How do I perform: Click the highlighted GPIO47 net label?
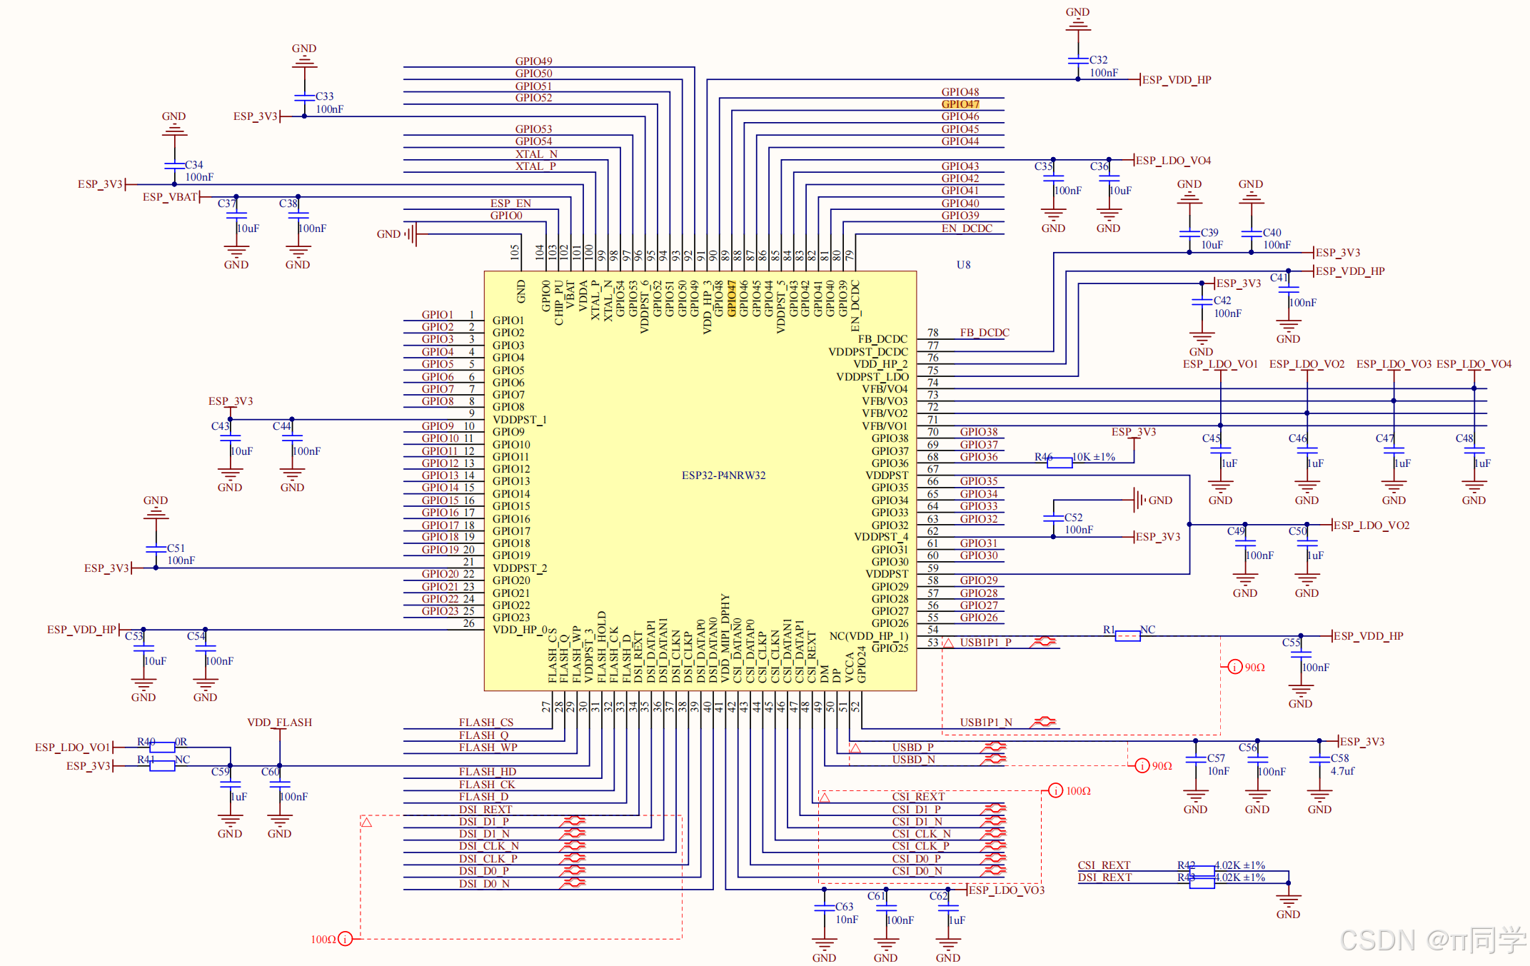960,104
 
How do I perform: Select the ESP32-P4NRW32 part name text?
723,476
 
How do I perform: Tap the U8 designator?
964,265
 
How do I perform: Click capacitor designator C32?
1099,60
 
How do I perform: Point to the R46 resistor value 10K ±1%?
1094,457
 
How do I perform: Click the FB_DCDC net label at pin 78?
985,333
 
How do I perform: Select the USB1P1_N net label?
986,723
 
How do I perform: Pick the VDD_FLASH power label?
280,723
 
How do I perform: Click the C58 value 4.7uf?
1342,771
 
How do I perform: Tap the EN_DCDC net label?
967,228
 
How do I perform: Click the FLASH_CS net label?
486,723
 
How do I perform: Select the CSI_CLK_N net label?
921,834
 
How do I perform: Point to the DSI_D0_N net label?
484,884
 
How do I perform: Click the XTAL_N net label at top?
536,154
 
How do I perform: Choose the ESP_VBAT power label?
170,197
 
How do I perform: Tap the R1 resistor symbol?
1127,636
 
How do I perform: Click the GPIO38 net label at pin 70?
979,432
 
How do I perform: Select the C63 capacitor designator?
845,907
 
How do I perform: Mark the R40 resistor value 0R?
181,742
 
